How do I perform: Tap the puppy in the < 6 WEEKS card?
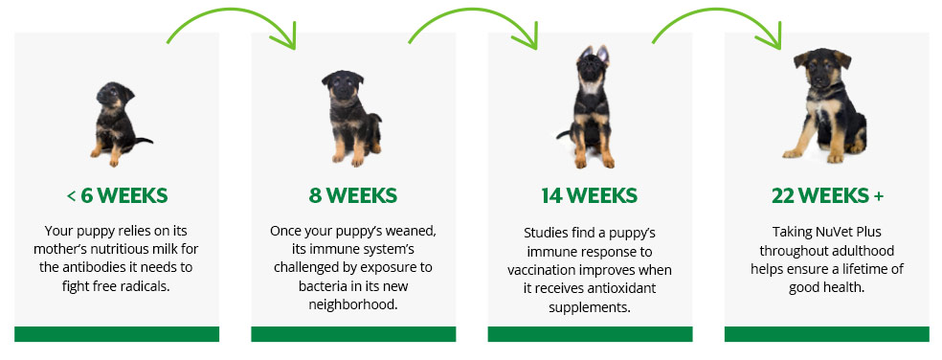click(119, 124)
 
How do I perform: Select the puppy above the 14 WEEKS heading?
click(588, 107)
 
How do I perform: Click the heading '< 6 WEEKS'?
click(117, 195)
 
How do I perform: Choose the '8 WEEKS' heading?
click(353, 195)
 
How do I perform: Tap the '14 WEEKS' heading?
click(590, 195)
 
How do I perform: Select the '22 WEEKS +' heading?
click(827, 195)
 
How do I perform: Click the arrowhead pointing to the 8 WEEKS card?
click(286, 37)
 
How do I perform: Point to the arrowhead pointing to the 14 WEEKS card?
click(527, 37)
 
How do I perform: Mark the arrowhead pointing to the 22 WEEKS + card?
click(771, 37)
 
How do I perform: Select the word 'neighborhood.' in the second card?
click(353, 304)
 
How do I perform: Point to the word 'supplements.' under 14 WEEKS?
click(590, 307)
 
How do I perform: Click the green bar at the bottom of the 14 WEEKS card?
click(590, 334)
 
